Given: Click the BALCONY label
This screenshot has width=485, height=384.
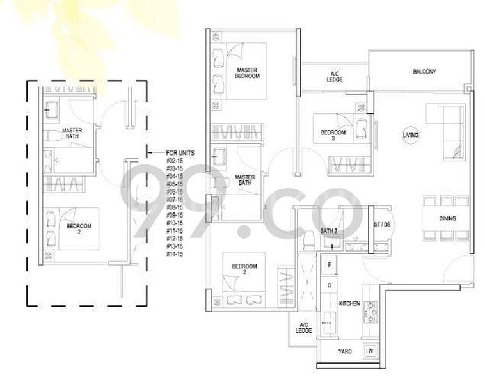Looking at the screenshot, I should tap(424, 72).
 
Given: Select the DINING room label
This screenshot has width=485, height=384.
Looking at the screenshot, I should tap(447, 219).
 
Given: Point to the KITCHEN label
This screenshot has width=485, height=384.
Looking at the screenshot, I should tap(349, 303).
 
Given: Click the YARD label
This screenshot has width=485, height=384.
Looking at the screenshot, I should tap(344, 351).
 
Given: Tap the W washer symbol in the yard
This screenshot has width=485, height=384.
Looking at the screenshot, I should tap(370, 351).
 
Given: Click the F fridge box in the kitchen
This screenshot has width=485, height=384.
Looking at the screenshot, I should tap(330, 264).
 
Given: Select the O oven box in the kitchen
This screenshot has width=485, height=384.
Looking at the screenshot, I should tap(330, 285).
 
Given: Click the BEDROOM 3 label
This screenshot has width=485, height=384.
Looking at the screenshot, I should tap(333, 136).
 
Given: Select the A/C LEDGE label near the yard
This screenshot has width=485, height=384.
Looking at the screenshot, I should tap(303, 328).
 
